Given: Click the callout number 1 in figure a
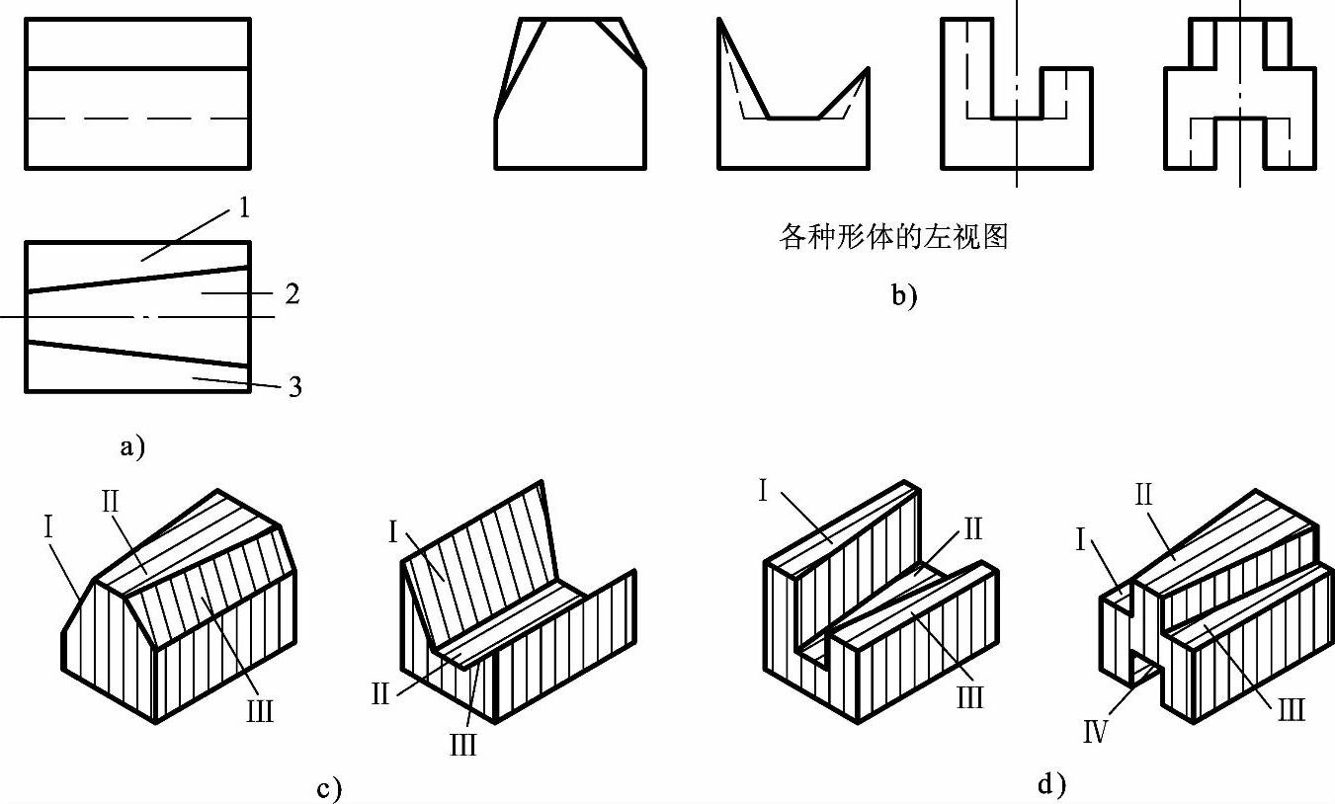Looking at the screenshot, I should point(243,208).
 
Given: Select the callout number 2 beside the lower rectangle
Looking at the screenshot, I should point(292,294).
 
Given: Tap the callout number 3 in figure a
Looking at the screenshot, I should point(293,386).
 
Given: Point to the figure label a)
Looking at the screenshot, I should point(131,446).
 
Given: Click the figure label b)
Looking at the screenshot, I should point(903,295).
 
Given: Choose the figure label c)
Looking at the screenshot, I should point(330,789).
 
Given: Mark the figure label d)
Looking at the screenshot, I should point(1052,785).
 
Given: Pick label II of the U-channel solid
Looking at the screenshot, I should point(972,529).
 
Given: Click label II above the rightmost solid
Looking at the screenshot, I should point(1143,494).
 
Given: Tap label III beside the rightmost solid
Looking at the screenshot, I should point(1291,709).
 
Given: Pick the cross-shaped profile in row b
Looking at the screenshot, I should point(1240,94).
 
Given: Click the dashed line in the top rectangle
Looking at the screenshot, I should point(137,119).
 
